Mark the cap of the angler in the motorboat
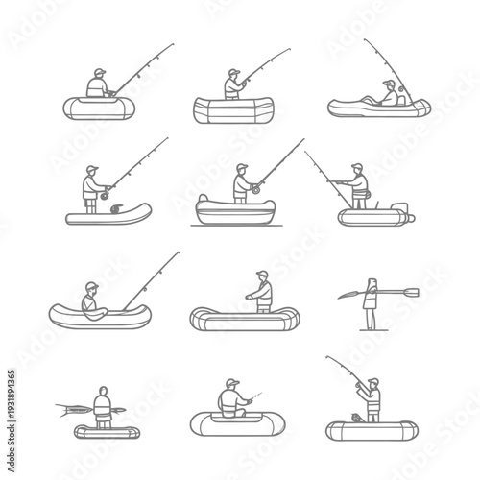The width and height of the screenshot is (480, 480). (358, 166)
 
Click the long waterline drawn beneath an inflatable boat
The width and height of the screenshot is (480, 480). (235, 225)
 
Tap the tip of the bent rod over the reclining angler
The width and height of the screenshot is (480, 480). (365, 41)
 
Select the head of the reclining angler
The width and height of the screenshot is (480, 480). (388, 84)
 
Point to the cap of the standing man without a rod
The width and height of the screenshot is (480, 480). (261, 275)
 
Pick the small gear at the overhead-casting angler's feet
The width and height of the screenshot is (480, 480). (355, 418)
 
